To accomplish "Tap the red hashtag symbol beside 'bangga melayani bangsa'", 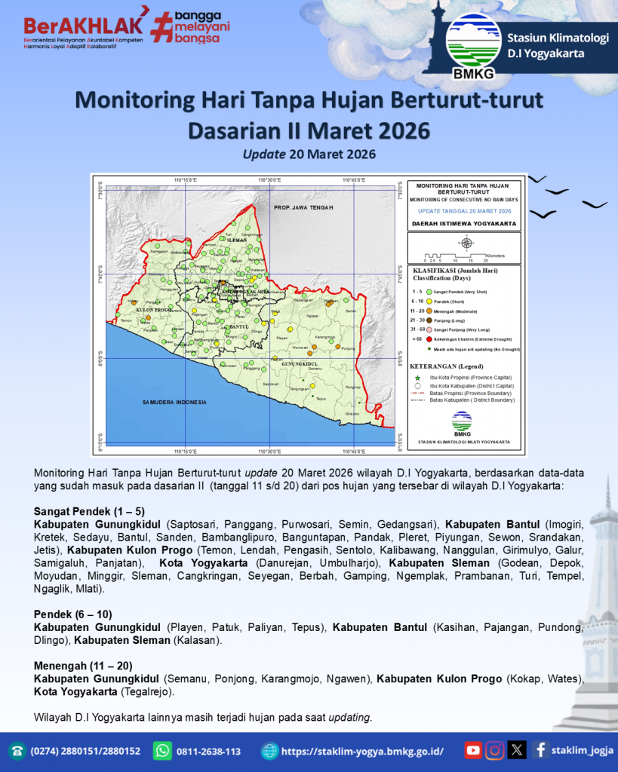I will pos(161,26).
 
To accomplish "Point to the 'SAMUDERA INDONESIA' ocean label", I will pos(174,403).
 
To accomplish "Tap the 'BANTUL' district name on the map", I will pos(238,326).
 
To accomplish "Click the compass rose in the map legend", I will pos(466,243).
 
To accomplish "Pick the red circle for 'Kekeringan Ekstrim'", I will pos(429,340).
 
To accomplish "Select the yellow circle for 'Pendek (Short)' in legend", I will pos(429,301).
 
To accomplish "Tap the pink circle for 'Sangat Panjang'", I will pos(429,330).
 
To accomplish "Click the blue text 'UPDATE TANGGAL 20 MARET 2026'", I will pos(463,211).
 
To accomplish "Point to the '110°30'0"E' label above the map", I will pos(271,180).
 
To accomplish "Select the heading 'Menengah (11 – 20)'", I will pos(83,666).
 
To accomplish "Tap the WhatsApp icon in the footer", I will pos(162,751).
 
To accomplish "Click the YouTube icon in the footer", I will pos(473,750).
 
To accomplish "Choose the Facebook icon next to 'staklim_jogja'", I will pos(540,750).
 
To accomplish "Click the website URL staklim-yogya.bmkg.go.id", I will pos(362,751).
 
